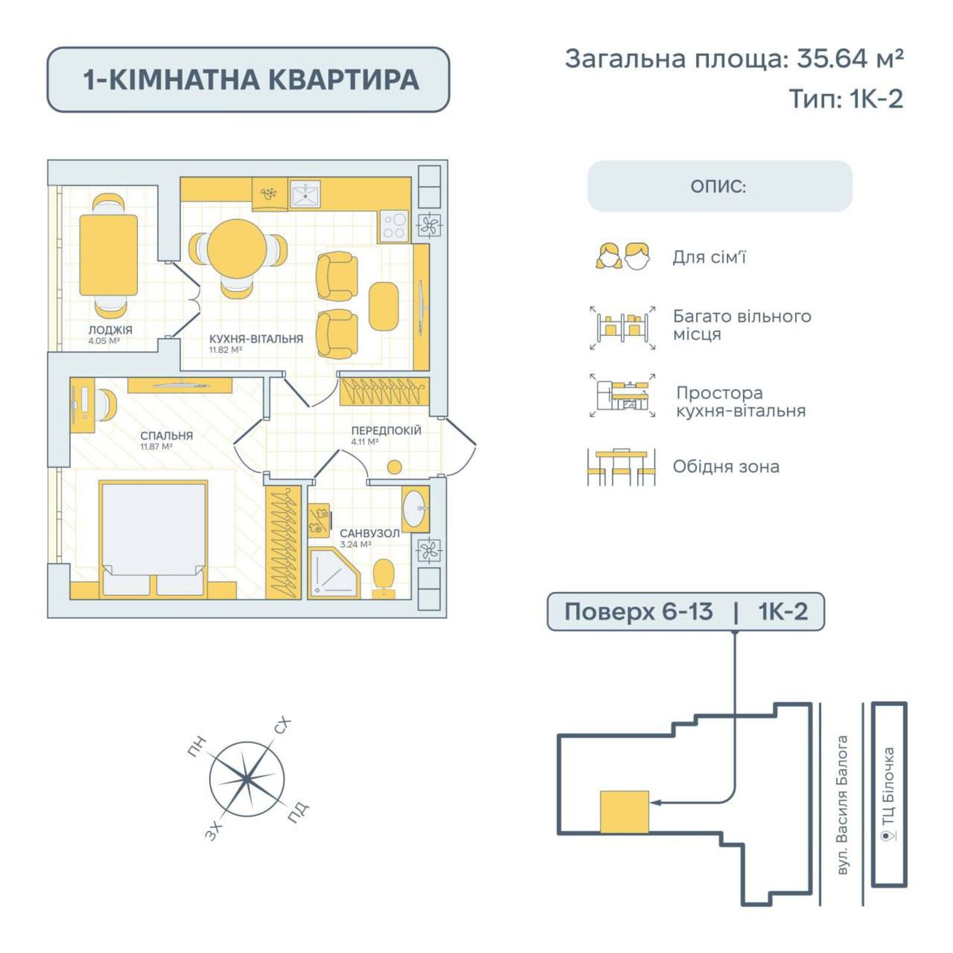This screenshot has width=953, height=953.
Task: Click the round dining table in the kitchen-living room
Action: pyautogui.click(x=237, y=248)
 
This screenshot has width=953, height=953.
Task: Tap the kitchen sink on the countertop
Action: pyautogui.click(x=306, y=194)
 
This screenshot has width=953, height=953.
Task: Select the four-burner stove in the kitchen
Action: pyautogui.click(x=394, y=226)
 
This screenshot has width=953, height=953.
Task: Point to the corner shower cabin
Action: pyautogui.click(x=334, y=573)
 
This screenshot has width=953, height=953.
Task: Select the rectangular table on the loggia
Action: pyautogui.click(x=108, y=255)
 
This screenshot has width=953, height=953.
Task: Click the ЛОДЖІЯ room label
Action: pyautogui.click(x=110, y=329)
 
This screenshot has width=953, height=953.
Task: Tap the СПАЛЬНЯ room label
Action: pyautogui.click(x=166, y=435)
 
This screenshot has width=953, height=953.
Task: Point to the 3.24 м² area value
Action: pyautogui.click(x=356, y=544)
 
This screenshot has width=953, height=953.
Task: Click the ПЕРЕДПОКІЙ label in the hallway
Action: pyautogui.click(x=386, y=430)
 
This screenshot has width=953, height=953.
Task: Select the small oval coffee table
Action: pyautogui.click(x=384, y=306)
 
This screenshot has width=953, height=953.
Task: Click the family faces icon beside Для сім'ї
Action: pyautogui.click(x=622, y=257)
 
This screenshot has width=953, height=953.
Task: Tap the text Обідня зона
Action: pyautogui.click(x=725, y=466)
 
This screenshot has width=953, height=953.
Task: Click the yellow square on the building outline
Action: pyautogui.click(x=624, y=811)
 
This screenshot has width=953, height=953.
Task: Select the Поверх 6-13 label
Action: pyautogui.click(x=639, y=612)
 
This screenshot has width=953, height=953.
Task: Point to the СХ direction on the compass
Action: pyautogui.click(x=282, y=725)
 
